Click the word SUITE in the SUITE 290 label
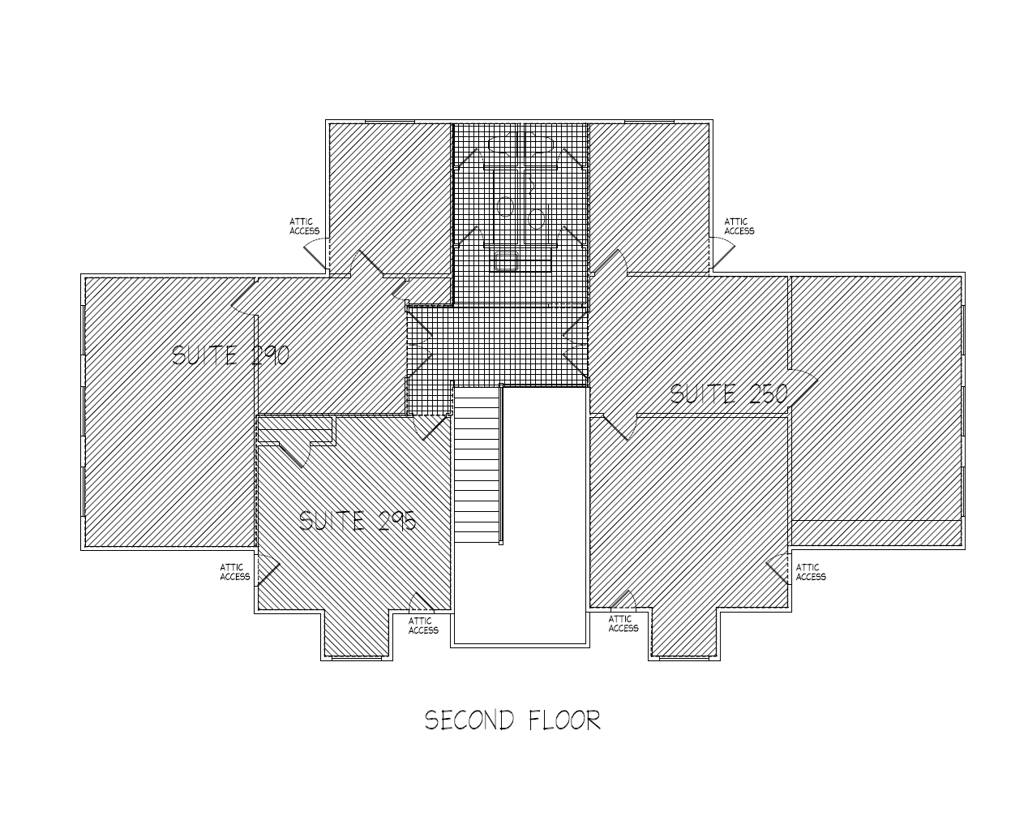(204, 355)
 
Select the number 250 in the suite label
(765, 394)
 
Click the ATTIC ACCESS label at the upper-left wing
(304, 226)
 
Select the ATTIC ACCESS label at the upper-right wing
(739, 226)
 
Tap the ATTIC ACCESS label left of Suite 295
(234, 572)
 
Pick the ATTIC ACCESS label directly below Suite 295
(422, 626)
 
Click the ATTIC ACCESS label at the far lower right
(810, 572)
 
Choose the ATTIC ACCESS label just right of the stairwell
(623, 623)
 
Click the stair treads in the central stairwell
(476, 467)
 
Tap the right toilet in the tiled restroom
(540, 146)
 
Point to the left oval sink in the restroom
(505, 206)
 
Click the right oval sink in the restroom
(536, 217)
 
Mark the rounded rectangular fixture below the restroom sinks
(507, 260)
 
